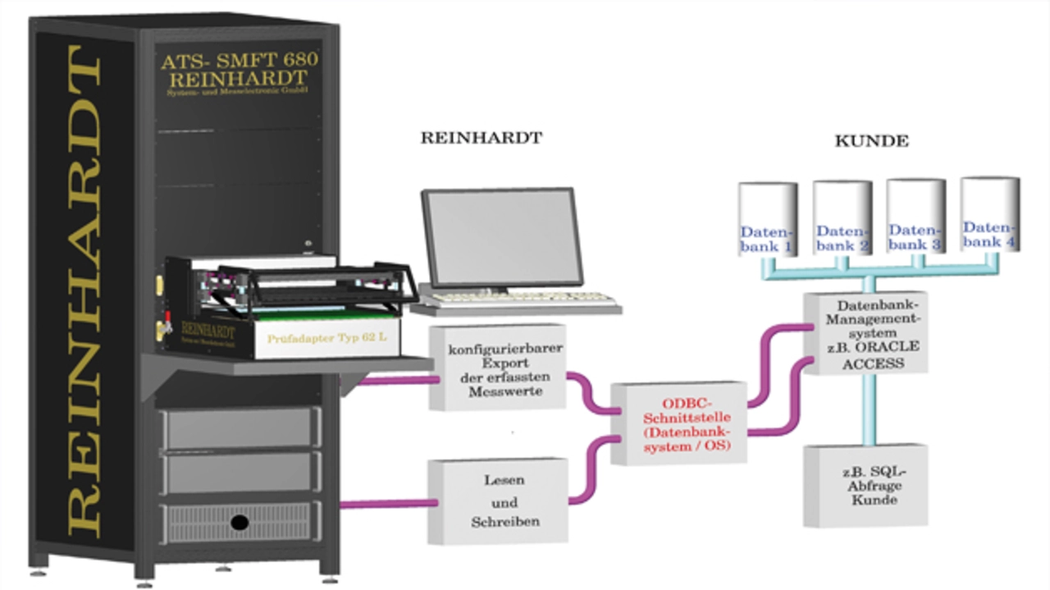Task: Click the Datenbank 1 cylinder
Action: click(x=767, y=220)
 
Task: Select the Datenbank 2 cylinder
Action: click(x=842, y=218)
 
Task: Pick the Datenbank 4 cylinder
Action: click(x=989, y=215)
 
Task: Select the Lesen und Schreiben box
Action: click(x=498, y=501)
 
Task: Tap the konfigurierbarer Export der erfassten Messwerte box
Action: click(x=499, y=368)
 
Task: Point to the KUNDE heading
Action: click(x=871, y=141)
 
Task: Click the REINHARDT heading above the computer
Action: click(x=481, y=138)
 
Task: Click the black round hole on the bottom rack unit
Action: click(x=240, y=522)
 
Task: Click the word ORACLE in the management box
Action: click(x=890, y=346)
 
